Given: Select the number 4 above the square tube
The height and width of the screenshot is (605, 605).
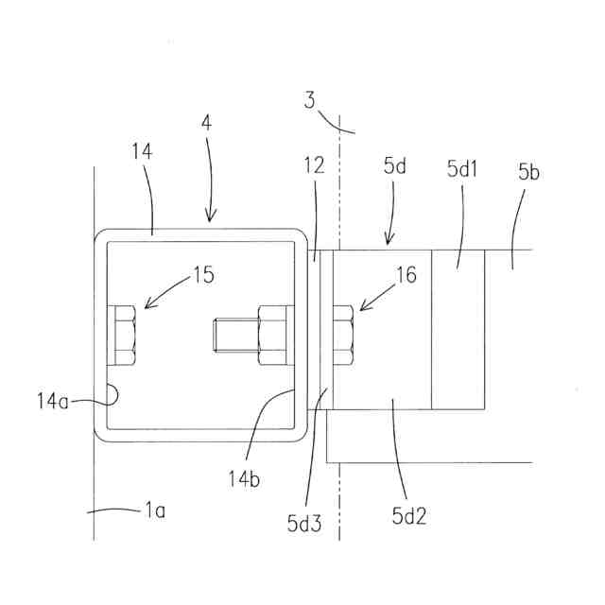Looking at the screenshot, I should (205, 123).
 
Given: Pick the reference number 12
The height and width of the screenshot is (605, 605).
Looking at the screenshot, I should (315, 165).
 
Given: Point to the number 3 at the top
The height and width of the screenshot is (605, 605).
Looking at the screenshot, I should (311, 99).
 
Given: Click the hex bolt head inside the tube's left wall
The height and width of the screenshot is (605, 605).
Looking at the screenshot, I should (125, 336).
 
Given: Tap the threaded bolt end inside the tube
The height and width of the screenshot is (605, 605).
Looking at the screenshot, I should (232, 337).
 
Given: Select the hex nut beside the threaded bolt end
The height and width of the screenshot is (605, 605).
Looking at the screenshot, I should (272, 337).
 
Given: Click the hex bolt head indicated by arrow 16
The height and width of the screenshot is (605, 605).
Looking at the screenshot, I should (342, 336).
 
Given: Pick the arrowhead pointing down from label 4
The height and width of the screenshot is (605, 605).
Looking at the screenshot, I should (211, 218).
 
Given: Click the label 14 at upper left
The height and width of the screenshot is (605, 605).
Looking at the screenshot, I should (142, 151).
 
